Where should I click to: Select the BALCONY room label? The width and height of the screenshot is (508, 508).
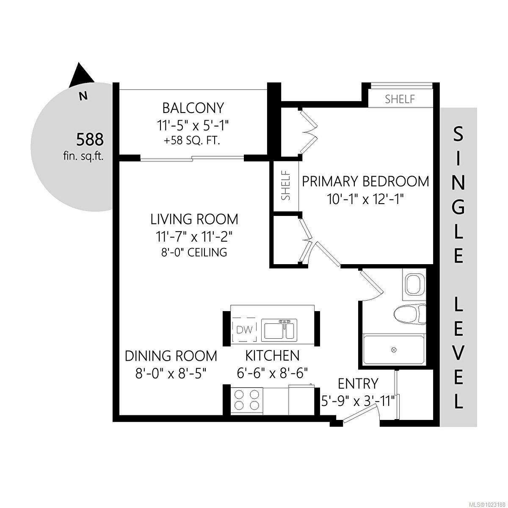[193, 108]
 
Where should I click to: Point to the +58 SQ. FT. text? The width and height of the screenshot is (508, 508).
[193, 141]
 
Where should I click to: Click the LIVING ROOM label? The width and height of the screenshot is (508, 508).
[194, 219]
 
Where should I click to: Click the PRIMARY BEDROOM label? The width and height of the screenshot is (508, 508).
[365, 181]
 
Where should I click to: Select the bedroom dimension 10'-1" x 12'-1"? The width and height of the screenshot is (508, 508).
[365, 199]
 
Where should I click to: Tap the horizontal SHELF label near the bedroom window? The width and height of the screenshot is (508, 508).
[400, 99]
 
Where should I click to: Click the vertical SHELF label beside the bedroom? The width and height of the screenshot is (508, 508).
[286, 185]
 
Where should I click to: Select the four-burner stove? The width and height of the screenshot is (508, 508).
[246, 400]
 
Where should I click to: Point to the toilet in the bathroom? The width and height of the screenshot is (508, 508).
[409, 314]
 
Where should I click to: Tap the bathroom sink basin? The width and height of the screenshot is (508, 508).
[414, 284]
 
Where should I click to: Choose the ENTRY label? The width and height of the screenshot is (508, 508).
[358, 384]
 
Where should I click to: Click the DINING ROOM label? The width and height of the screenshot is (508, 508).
[171, 356]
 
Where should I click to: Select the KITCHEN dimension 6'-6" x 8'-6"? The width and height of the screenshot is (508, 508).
[272, 373]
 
